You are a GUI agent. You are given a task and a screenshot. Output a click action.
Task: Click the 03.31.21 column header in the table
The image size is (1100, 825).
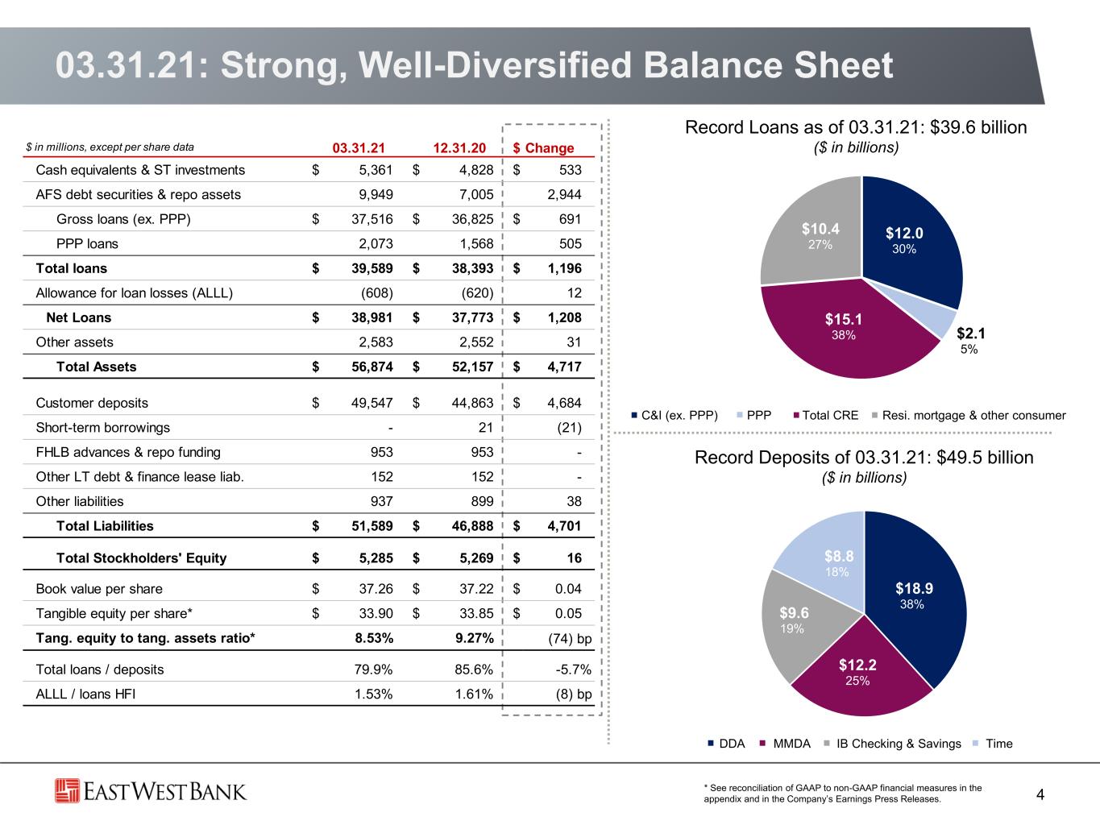pyautogui.click(x=359, y=147)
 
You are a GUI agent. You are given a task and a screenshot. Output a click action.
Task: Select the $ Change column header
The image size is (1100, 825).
pyautogui.click(x=543, y=147)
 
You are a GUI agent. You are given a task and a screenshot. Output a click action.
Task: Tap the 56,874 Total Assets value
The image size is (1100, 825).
pyautogui.click(x=372, y=367)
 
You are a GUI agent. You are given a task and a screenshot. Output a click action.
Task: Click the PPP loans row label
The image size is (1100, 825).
pyautogui.click(x=87, y=244)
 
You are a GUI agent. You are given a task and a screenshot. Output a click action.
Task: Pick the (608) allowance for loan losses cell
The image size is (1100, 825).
pyautogui.click(x=377, y=293)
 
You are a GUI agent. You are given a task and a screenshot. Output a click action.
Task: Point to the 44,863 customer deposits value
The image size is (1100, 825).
pyautogui.click(x=472, y=403)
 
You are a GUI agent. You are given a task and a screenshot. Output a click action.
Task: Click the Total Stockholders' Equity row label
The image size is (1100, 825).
pyautogui.click(x=141, y=558)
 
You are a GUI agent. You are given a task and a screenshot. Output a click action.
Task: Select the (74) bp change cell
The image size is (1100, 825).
pyautogui.click(x=570, y=639)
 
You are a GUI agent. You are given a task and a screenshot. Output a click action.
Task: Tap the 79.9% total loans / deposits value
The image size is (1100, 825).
pyautogui.click(x=373, y=670)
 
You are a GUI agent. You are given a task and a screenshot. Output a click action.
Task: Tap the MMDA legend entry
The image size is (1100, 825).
pyautogui.click(x=785, y=744)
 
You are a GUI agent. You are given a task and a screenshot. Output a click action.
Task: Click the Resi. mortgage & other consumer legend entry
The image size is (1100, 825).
pyautogui.click(x=969, y=416)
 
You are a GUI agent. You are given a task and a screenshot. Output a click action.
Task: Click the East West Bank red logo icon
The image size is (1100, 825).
pyautogui.click(x=67, y=791)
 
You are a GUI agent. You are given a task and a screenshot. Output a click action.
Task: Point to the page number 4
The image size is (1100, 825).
pyautogui.click(x=1040, y=794)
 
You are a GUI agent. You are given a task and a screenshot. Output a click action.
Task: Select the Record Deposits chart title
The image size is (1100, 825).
pyautogui.click(x=864, y=458)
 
